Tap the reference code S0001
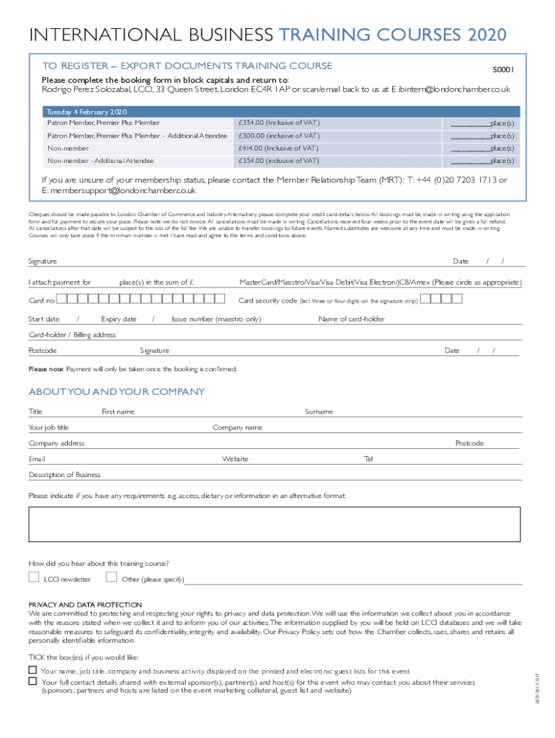tap(503, 70)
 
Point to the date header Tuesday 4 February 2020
tap(86, 112)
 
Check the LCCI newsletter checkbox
tap(34, 577)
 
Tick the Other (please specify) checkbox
tap(111, 577)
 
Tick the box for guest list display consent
tap(32, 670)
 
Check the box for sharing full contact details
tap(32, 681)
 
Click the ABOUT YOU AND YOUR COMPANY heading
tap(116, 392)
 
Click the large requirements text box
tap(274, 524)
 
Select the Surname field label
tap(319, 412)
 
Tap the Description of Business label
tap(65, 475)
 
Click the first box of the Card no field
tap(62, 299)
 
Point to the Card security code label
tap(267, 301)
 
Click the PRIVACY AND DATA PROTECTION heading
tap(85, 604)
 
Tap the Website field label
tap(235, 459)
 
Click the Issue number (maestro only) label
tap(216, 319)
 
